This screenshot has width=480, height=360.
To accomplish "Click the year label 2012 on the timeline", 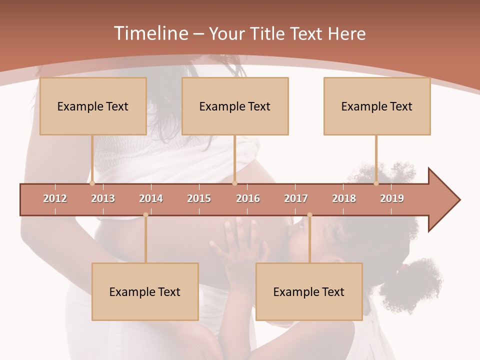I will point(55,198).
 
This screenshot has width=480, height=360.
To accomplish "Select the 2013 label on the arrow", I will point(103,198).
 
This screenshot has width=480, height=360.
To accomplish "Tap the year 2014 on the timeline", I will point(151,198).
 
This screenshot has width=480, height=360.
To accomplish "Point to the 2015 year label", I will point(199,198).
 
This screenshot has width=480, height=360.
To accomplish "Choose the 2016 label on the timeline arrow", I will point(248,198).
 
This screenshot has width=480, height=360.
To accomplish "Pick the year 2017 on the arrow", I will point(296,198).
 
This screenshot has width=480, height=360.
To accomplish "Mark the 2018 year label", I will point(344,198).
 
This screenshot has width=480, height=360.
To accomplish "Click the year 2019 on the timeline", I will point(392,198).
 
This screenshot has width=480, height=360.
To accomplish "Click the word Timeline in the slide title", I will point(150,33).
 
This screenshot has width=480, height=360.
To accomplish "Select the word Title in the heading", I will point(268,33).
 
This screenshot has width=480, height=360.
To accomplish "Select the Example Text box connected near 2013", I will point(93,106).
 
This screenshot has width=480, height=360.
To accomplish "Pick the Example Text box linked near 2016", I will point(235,106).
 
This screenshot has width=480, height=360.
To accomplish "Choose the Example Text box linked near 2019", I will point(377,106).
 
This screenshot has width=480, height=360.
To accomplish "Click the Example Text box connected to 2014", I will point(145,291).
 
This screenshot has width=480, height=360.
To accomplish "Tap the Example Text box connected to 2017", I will point(309,291).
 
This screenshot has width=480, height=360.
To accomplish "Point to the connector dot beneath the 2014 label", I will point(145,215).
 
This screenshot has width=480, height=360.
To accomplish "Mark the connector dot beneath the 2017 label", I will point(309,215).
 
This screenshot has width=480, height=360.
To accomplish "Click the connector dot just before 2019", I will point(376,183).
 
